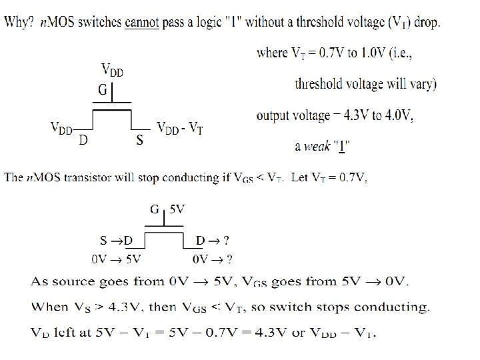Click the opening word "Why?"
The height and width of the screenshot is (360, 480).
(x=19, y=22)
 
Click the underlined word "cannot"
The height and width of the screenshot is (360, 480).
(x=140, y=22)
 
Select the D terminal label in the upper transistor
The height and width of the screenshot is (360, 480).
(x=83, y=140)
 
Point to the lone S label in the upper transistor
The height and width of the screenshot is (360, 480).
(x=139, y=141)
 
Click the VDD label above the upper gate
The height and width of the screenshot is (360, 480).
(x=111, y=69)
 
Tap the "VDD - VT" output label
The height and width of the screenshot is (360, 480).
(x=179, y=128)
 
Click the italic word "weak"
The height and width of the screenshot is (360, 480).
(x=317, y=146)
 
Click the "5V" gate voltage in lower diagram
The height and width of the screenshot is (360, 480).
(x=177, y=209)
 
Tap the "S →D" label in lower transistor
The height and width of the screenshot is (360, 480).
(x=116, y=240)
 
